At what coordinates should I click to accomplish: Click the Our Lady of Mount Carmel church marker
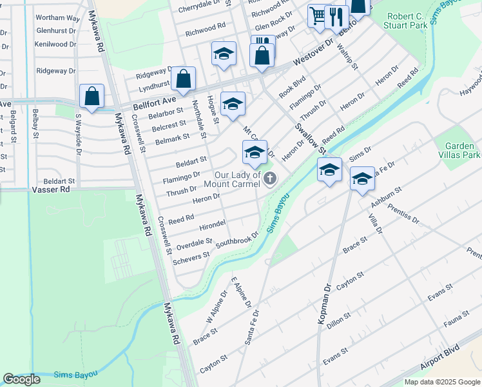tap(270, 179)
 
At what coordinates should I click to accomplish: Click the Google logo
tap(22, 379)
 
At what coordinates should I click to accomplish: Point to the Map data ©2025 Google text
tap(441, 382)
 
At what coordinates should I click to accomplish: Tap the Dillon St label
tap(338, 320)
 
